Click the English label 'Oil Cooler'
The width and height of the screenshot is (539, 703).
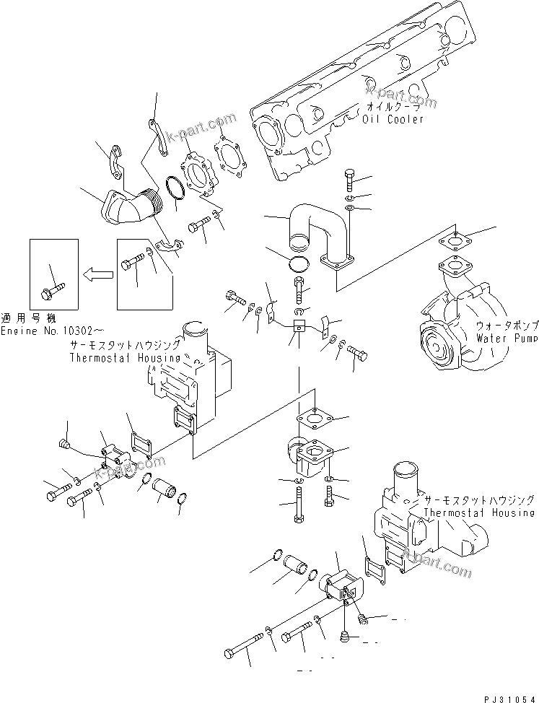(393, 119)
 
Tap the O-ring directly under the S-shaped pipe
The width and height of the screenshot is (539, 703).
(299, 263)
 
